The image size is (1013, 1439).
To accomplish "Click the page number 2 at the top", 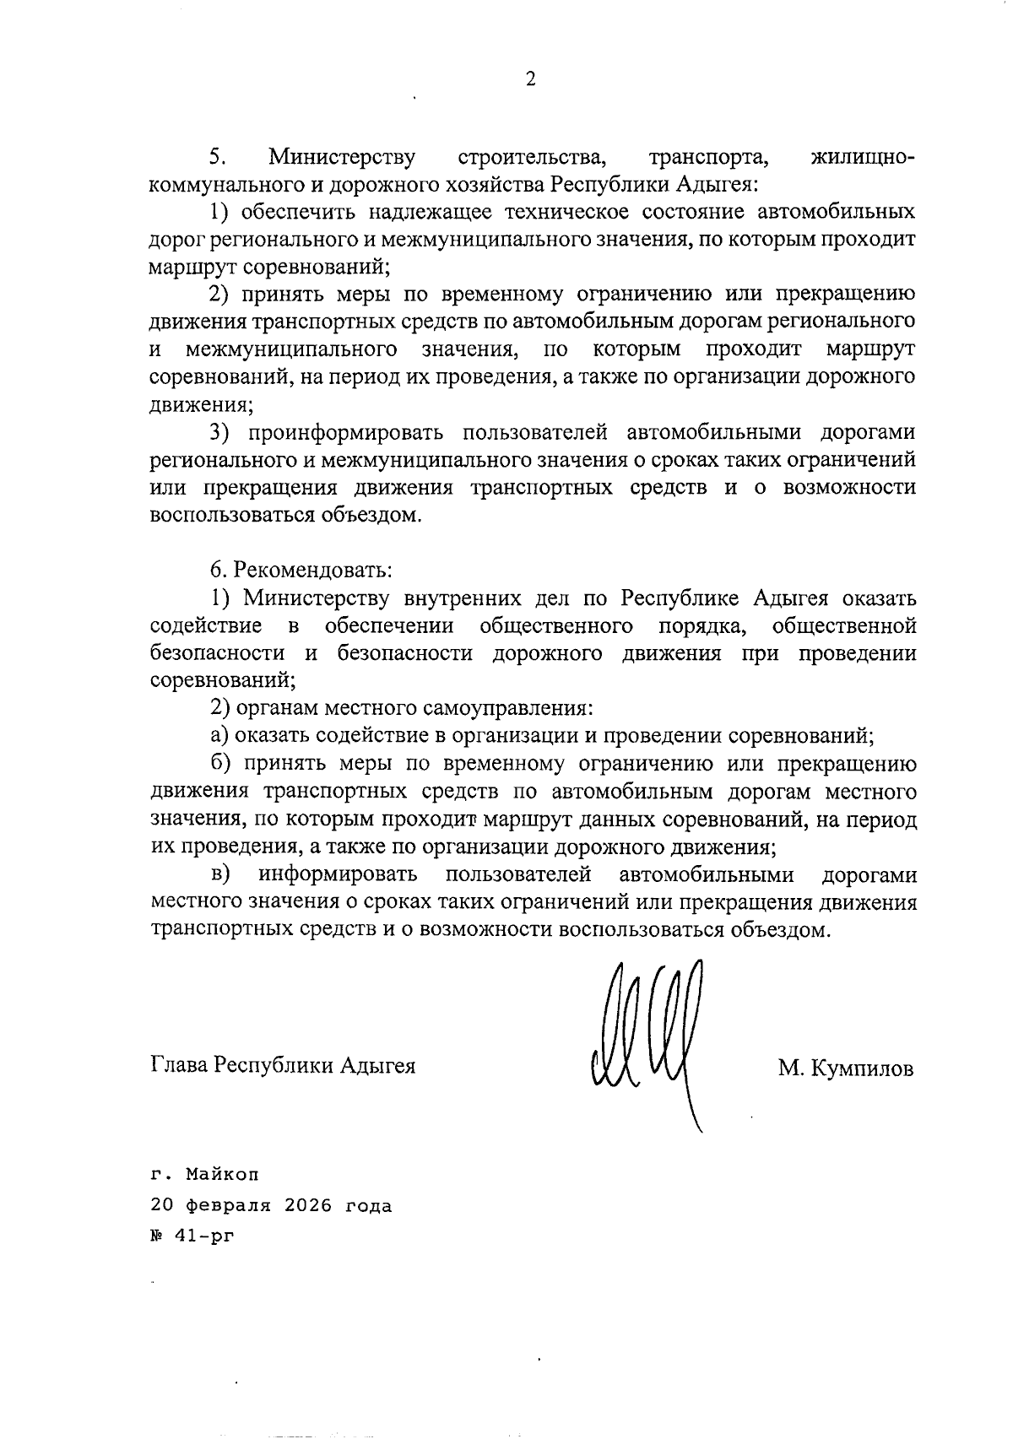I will click(530, 79).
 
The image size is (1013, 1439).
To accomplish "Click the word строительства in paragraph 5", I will click(533, 158).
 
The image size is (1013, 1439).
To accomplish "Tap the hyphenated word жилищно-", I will click(862, 158).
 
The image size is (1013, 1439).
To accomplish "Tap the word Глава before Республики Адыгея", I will click(178, 1064).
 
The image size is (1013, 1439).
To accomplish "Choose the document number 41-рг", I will click(200, 1236).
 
